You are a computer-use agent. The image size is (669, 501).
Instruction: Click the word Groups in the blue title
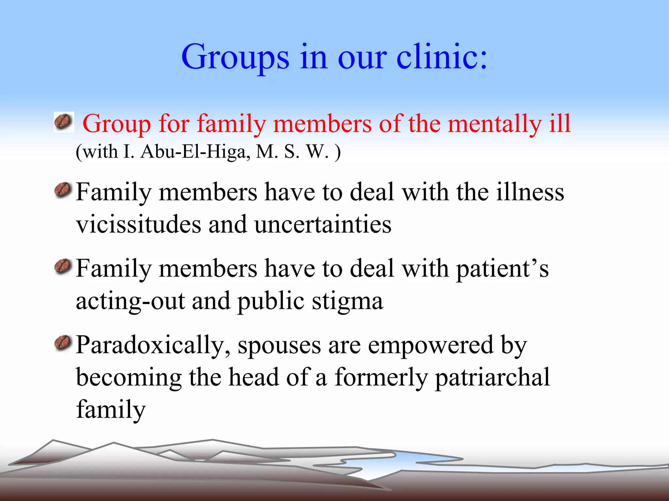click(235, 57)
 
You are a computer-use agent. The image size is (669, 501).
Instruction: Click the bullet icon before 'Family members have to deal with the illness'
click(63, 190)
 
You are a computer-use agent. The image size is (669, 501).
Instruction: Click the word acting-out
click(130, 301)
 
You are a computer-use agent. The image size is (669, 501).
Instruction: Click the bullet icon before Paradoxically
click(63, 344)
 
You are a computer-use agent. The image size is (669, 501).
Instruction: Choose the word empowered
click(431, 345)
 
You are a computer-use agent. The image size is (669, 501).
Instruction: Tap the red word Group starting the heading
click(117, 124)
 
